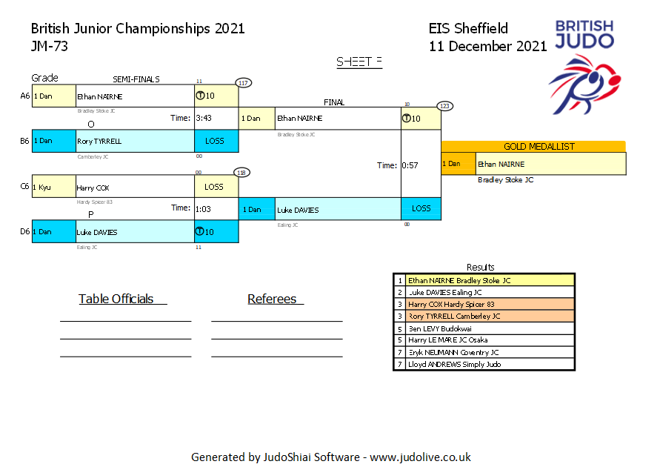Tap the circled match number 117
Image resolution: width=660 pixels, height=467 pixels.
coord(243,82)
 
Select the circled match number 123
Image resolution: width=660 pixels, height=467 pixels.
coord(444,105)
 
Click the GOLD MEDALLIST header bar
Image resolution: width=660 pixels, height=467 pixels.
coord(533,147)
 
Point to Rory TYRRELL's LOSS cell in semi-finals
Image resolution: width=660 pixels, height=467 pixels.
coord(216,141)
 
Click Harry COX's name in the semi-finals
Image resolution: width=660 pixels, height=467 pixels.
coord(93,188)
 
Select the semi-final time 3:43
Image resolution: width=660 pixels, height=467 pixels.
coord(204,118)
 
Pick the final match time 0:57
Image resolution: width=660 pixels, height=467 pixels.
coord(410,165)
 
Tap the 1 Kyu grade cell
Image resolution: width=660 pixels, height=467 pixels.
coord(53,187)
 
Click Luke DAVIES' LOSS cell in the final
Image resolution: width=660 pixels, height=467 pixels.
coord(421,209)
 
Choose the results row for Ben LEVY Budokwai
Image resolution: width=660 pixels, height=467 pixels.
coord(484,328)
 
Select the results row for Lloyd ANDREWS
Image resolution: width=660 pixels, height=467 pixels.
coord(484,364)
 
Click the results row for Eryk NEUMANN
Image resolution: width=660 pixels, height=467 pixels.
coord(484,352)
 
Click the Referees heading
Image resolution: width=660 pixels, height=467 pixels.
coord(272,299)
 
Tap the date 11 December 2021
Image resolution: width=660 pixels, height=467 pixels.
coord(487,46)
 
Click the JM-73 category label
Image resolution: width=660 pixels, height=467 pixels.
coord(50,46)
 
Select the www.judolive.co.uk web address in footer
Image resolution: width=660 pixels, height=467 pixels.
coord(420,457)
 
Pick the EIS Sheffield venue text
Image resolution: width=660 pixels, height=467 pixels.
coord(468,29)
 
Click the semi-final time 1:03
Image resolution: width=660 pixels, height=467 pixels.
coord(203,209)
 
